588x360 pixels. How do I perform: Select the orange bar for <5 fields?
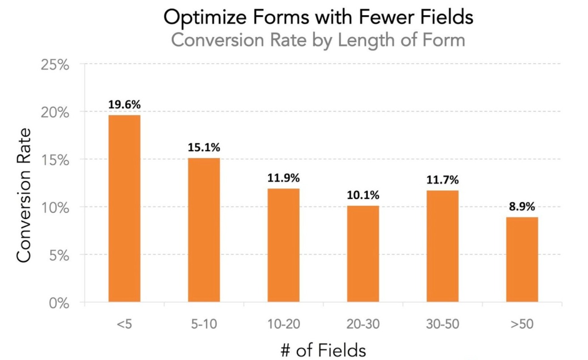point(124,209)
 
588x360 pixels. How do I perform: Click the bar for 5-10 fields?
point(204,230)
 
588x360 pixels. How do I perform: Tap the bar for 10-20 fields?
point(283,245)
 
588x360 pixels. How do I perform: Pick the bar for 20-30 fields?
point(363,254)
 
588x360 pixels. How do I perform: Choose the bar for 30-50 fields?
point(443,246)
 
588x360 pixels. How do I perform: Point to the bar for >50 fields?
point(522,260)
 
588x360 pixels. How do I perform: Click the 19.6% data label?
point(124,105)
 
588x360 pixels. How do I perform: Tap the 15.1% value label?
point(204,147)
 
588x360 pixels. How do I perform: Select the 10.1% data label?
point(363,195)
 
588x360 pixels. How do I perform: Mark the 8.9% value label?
point(522,206)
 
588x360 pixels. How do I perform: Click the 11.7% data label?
point(443,180)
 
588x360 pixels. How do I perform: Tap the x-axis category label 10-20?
point(283,324)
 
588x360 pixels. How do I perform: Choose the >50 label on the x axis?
point(522,324)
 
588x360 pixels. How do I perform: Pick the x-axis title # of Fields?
point(323,350)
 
